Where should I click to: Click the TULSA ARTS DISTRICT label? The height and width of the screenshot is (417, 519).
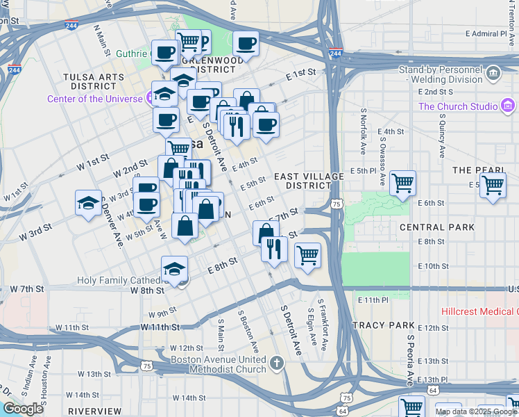90,81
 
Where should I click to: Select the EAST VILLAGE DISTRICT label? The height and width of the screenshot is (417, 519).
308,181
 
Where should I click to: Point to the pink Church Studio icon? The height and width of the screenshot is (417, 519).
508,106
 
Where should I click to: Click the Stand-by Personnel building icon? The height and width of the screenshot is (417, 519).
493,72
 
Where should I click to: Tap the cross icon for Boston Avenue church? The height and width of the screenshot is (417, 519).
276,363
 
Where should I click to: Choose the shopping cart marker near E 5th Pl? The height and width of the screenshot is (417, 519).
402,184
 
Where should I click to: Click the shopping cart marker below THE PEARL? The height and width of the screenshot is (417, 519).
493,186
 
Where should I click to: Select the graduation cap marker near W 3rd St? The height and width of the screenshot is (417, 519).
88,203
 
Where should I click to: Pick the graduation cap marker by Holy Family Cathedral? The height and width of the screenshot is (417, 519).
175,269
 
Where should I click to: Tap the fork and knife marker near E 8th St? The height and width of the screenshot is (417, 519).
274,248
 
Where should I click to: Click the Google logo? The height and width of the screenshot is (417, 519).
23,409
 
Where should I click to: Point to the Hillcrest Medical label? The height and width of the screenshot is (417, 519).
479,312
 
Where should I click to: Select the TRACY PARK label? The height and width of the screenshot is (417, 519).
383,325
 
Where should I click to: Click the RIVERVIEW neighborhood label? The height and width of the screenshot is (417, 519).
95,411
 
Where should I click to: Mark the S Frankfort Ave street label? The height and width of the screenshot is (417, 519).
323,330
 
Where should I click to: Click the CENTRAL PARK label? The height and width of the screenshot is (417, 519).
437,227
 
